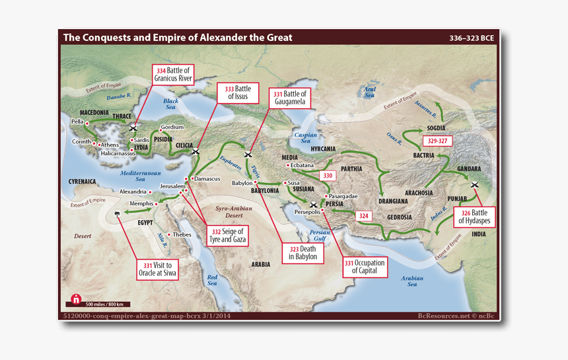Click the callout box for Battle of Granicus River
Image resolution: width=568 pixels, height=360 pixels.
173,75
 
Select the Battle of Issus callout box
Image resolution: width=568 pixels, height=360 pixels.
238,92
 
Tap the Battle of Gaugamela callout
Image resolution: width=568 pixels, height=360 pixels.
289,98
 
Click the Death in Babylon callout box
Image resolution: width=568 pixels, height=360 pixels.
302,252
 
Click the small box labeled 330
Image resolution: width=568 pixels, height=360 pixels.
328,176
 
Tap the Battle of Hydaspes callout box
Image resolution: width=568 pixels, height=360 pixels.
473,217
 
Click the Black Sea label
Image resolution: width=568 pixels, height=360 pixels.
171,104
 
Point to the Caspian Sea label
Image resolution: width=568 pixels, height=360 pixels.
301,137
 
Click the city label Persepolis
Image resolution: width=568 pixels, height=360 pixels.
306,212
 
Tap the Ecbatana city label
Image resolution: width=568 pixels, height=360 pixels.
301,165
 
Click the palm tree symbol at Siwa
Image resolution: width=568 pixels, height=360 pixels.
118,214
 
